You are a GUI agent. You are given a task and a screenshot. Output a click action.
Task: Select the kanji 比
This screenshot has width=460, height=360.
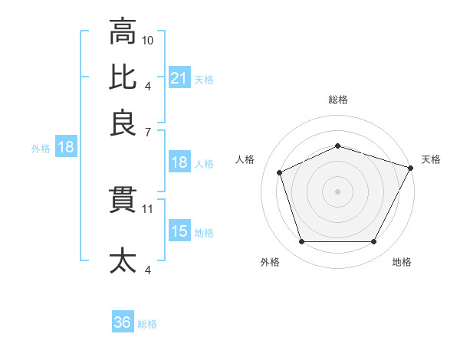point(123,77)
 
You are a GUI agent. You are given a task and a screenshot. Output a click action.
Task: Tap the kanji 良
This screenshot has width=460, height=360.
point(123,122)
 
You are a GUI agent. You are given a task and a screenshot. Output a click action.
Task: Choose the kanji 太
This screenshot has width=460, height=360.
point(123,260)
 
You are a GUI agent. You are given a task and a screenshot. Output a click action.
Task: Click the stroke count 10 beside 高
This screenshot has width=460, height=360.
point(148,39)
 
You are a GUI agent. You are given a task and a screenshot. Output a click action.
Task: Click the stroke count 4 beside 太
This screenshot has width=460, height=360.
point(147,269)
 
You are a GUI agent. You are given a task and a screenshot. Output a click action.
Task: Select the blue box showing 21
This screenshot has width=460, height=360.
point(179,77)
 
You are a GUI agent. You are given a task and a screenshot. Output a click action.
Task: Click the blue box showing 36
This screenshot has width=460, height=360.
point(123,322)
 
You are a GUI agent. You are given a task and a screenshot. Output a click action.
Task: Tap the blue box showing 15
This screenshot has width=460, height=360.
point(179,231)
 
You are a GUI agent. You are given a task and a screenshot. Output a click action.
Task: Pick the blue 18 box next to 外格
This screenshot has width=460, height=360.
point(65,147)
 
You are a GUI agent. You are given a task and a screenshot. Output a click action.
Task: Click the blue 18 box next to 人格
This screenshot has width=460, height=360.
point(179,162)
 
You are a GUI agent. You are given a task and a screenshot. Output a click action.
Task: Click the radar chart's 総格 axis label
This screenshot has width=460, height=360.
point(337,100)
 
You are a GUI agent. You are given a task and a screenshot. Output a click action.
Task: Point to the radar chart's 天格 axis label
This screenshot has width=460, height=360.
point(431,159)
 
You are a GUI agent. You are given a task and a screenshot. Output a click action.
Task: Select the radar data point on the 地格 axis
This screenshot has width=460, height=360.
point(374,242)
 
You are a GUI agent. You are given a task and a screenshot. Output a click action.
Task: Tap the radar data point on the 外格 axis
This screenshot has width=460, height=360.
point(301,242)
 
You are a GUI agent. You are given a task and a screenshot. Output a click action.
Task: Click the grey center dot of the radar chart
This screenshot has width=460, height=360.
point(337,191)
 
